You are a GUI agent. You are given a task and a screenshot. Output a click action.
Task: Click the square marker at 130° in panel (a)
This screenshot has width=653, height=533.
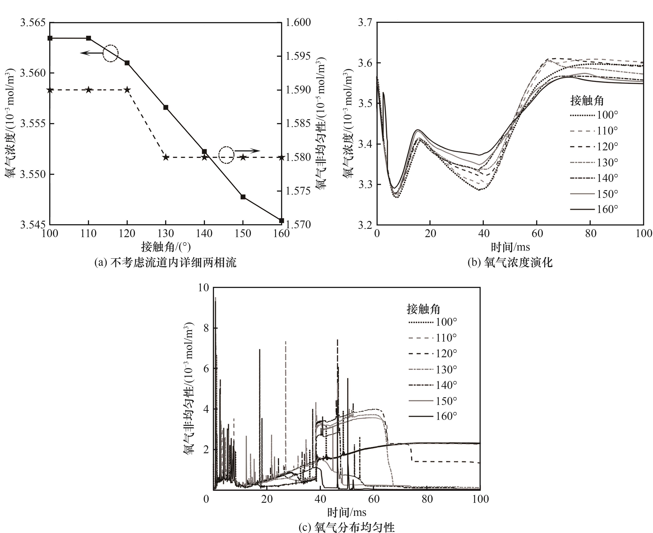[x=166, y=107]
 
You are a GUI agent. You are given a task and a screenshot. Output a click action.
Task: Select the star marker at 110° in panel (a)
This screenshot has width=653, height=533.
[x=88, y=90]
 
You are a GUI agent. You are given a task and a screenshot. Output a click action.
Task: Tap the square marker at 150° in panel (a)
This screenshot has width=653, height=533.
[x=243, y=197]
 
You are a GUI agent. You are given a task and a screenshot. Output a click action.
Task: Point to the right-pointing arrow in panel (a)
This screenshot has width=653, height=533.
[x=248, y=151]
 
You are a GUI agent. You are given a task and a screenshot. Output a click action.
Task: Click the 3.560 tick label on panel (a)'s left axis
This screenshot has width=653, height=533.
[x=33, y=73]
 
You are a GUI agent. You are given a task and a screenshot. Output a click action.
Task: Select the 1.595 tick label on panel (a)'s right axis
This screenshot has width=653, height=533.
[x=298, y=56]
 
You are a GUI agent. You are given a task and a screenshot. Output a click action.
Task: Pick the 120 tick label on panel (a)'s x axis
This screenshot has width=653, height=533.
[x=127, y=234]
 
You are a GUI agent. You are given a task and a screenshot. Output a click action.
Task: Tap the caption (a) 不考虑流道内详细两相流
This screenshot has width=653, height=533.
[x=166, y=263]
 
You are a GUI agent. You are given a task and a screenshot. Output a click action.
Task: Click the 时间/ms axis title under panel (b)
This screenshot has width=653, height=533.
[x=510, y=247]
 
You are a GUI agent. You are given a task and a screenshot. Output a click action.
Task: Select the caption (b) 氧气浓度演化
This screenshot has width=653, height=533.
[x=510, y=263]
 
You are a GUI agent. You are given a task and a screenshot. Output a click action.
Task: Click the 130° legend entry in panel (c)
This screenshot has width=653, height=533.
[x=433, y=369]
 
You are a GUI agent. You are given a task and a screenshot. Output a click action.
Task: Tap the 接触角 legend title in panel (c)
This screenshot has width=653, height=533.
[x=423, y=309]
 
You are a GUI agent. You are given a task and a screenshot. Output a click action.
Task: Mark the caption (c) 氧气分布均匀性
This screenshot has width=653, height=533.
[x=346, y=527]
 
